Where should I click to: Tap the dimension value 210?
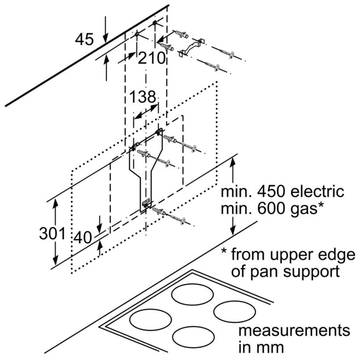coord(152,59)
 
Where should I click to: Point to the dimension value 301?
coord(52,233)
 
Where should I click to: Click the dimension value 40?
coord(83,238)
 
